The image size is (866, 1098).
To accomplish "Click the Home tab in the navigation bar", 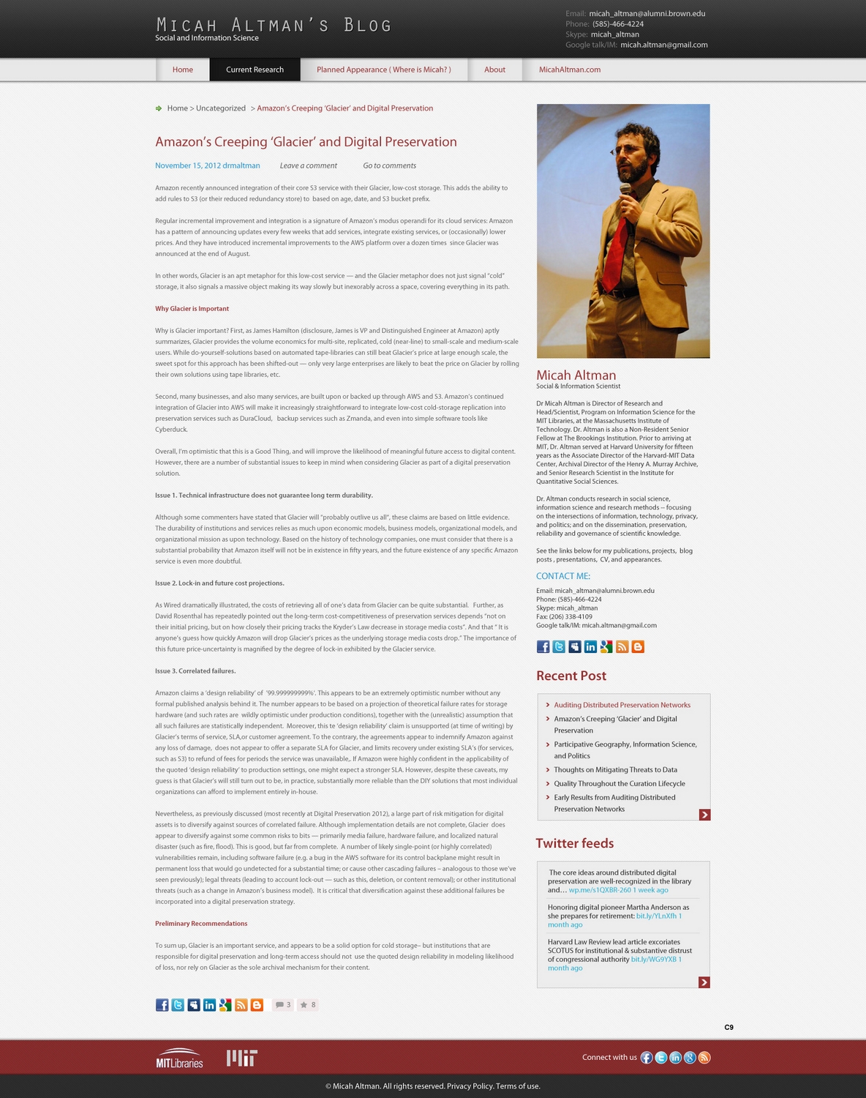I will point(183,70).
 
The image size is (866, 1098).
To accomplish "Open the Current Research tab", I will point(255,70).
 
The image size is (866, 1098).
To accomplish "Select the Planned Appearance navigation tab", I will point(383,70).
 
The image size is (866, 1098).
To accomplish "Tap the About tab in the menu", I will point(494,70).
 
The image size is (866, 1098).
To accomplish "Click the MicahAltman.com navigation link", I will point(570,70).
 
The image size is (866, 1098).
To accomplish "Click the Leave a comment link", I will point(308,165).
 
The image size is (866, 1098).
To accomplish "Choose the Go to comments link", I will point(389,165).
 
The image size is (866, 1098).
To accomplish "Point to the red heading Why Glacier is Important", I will point(192,309).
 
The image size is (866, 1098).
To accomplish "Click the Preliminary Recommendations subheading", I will point(201,924).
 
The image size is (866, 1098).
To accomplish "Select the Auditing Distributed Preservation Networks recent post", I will point(622,705).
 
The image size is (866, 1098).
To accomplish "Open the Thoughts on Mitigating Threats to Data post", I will point(615,770).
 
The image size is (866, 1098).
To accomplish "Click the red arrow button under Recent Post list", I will point(704,815).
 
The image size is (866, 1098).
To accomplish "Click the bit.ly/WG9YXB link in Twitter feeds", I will point(653,960).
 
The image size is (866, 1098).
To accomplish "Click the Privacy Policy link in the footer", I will point(470,1086).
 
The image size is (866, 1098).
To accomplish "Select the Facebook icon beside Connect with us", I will point(647,1058).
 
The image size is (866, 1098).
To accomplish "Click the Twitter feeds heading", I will point(575,843).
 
